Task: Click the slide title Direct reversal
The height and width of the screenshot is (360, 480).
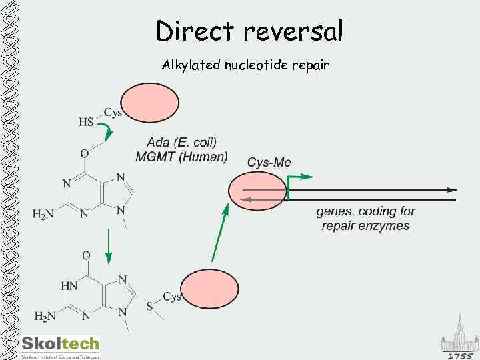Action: tap(249, 31)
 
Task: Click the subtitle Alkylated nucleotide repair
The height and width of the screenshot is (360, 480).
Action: tap(245, 65)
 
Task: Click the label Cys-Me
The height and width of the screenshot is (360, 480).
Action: tap(269, 162)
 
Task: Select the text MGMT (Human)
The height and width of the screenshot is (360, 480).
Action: tap(181, 157)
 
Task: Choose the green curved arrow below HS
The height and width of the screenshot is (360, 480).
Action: tap(106, 131)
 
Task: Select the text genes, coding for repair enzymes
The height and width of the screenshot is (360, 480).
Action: tap(365, 218)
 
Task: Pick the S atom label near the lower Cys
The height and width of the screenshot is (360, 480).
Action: tap(149, 306)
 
